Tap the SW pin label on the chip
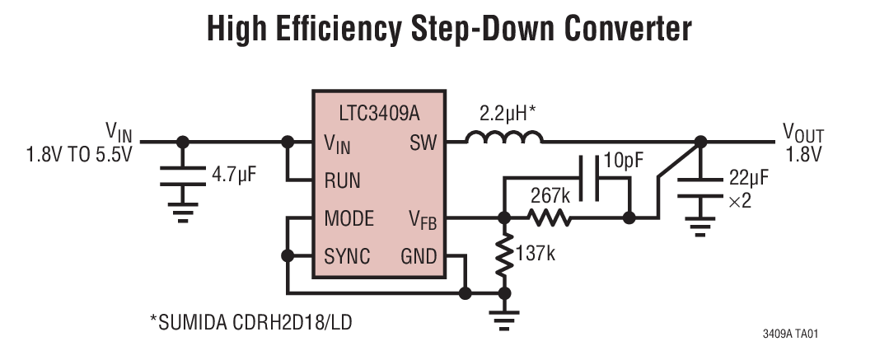423,143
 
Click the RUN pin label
342,180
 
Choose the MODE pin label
349,218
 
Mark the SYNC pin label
347,255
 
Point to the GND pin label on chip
418,255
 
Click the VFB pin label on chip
423,220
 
